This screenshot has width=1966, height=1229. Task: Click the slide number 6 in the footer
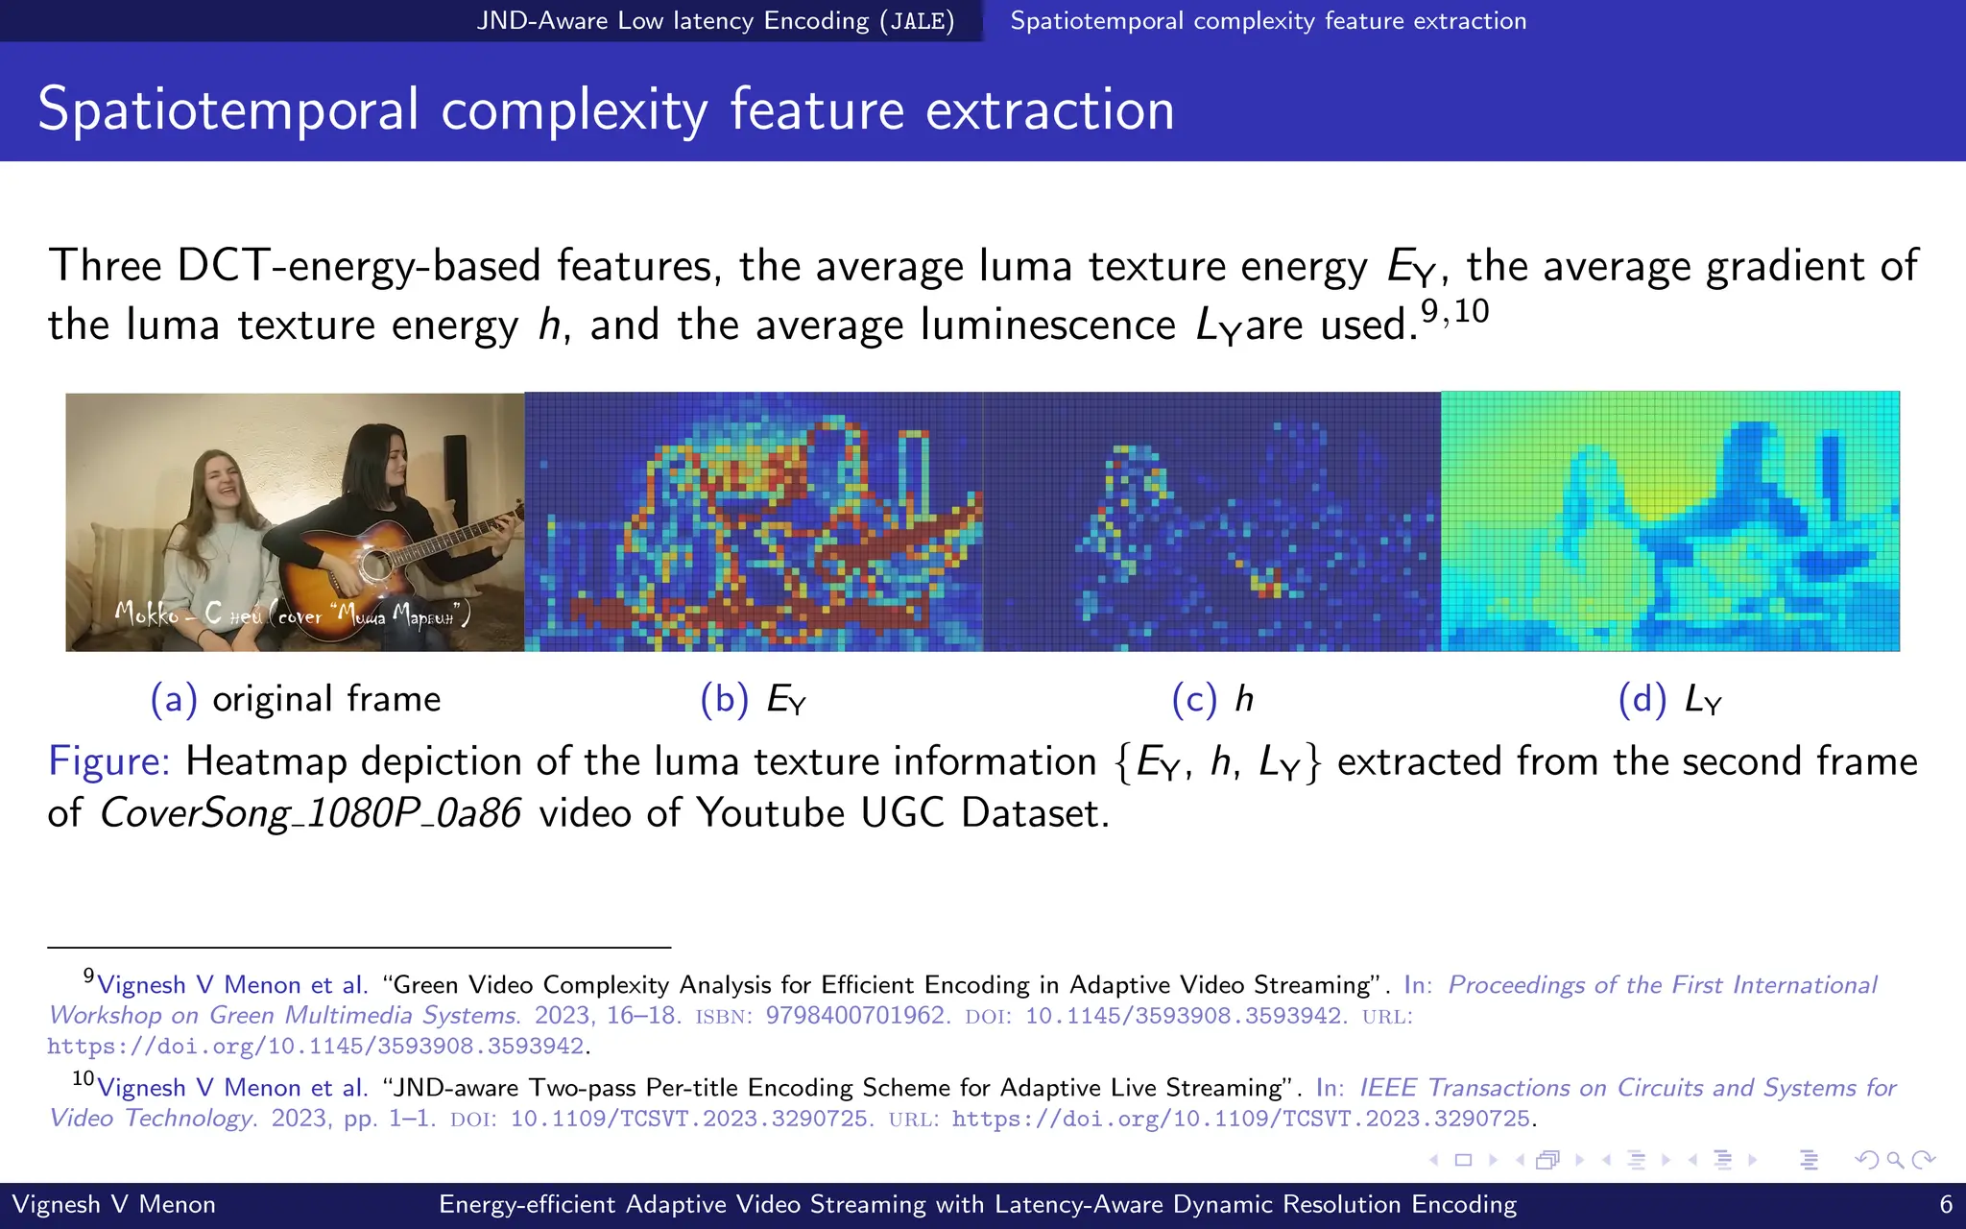(1946, 1204)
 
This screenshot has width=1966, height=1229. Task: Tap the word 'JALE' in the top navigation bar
(917, 21)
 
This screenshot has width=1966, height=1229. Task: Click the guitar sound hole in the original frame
(376, 565)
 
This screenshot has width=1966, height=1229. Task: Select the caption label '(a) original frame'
(296, 699)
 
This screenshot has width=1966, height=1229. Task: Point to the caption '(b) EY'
(754, 699)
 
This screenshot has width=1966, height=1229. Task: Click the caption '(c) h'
(1212, 699)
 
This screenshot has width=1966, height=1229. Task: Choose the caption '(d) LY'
(1670, 699)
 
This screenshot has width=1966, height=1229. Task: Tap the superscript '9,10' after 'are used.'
(1454, 311)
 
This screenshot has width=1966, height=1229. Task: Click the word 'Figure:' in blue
(108, 761)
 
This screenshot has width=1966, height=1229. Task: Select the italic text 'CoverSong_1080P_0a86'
(310, 813)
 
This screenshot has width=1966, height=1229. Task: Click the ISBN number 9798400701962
(857, 1015)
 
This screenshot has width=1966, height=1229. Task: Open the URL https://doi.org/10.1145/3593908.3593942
(316, 1046)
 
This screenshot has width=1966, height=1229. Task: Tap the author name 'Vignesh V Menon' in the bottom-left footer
(113, 1204)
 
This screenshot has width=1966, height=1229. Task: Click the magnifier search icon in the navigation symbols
(1894, 1160)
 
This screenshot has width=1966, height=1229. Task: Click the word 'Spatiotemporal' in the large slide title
(228, 108)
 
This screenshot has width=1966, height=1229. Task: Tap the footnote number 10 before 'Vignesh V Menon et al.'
(83, 1078)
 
